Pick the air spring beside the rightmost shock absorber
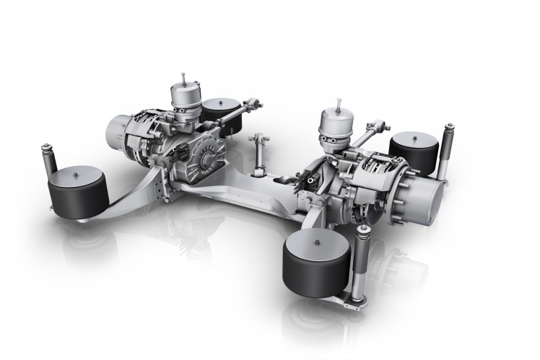click(x=414, y=153)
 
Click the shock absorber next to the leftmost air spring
click(x=49, y=163)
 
